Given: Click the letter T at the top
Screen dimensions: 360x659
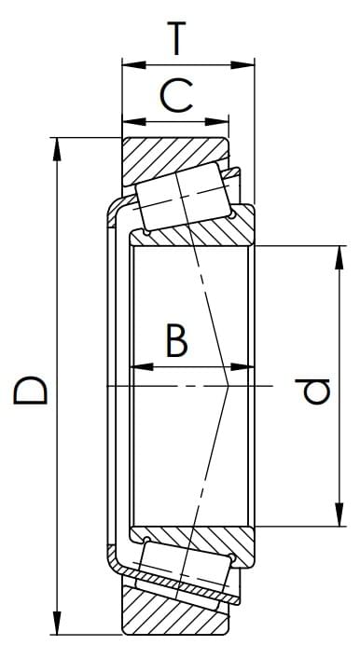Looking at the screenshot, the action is [176, 38].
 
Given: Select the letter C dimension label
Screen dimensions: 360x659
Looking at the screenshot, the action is [176, 96].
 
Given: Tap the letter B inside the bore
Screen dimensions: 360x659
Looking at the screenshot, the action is [176, 340].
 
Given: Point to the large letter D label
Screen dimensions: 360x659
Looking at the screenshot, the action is [30, 391].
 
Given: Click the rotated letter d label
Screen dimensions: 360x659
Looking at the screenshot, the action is [312, 391].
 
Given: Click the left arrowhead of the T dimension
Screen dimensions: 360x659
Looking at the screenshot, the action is [133, 65].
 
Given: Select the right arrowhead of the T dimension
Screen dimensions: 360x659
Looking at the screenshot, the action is [242, 65].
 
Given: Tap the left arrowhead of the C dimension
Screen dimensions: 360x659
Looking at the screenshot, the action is [133, 122].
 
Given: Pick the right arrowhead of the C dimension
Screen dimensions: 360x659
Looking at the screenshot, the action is [217, 122].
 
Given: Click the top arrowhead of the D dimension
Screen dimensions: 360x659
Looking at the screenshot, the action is [57, 149].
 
